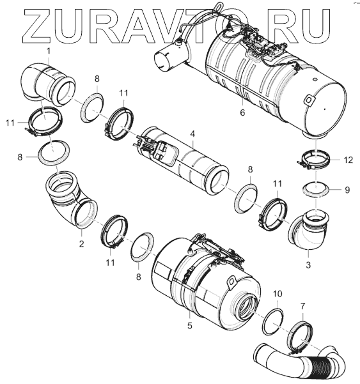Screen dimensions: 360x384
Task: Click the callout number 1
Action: click(x=49, y=51)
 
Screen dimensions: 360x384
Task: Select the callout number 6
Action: click(x=242, y=112)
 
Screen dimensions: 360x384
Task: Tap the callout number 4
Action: click(x=192, y=134)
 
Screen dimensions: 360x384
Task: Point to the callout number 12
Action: click(x=348, y=160)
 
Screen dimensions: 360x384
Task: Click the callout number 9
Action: click(x=347, y=190)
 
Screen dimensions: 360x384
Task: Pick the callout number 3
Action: click(x=308, y=265)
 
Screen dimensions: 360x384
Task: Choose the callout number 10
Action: click(x=278, y=293)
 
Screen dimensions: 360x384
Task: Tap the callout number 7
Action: click(x=303, y=306)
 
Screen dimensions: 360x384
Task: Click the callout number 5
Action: click(x=190, y=325)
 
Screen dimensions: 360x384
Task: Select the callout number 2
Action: click(x=81, y=243)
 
